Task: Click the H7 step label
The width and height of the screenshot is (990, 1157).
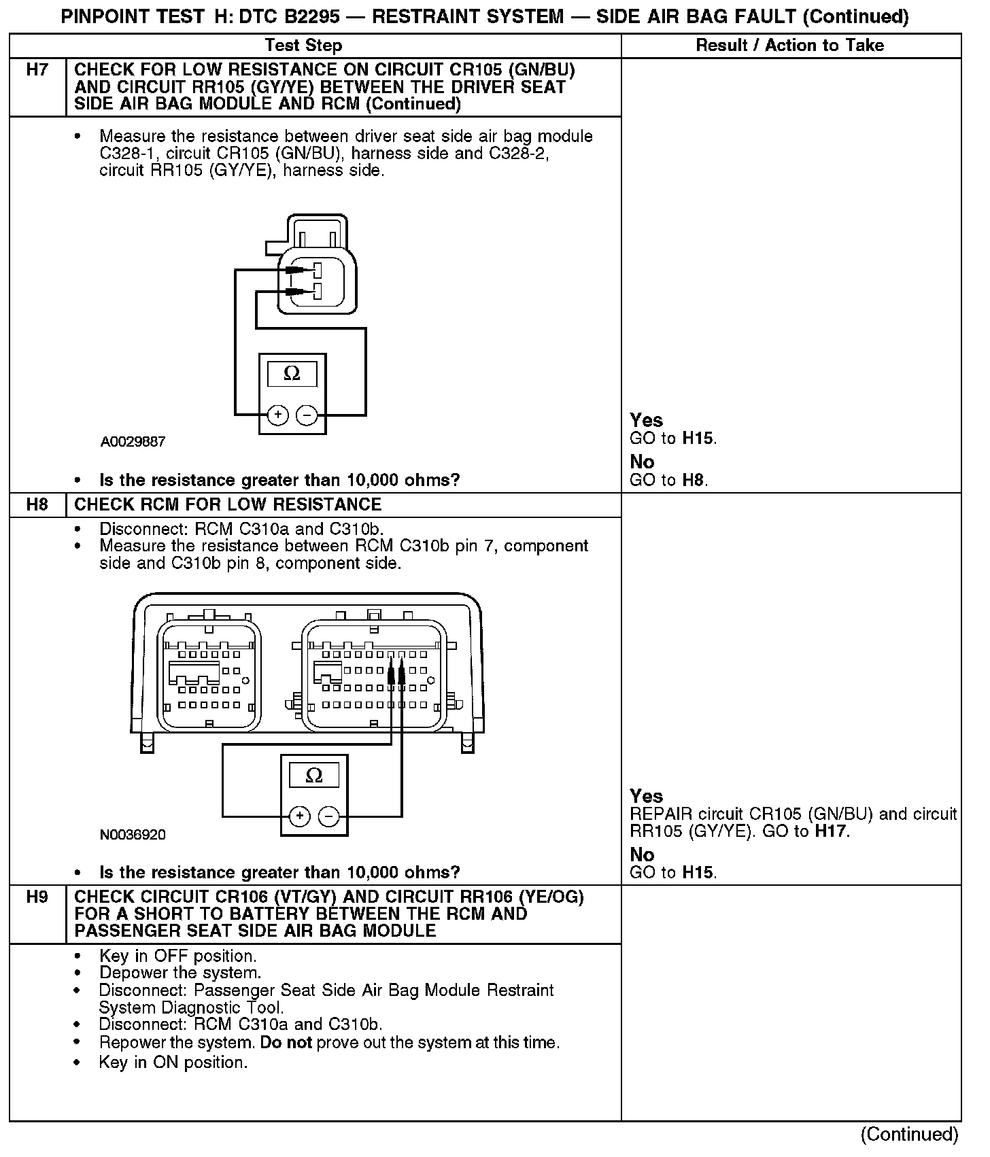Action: point(37,70)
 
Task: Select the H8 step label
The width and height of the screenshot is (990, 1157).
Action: point(37,504)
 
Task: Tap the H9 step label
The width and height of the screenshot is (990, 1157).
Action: point(37,897)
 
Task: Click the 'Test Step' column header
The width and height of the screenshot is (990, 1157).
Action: point(303,46)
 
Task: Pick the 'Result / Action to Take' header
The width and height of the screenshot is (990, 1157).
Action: point(790,46)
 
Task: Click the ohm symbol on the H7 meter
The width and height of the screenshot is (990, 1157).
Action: point(292,373)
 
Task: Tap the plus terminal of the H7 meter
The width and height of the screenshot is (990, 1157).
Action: point(277,415)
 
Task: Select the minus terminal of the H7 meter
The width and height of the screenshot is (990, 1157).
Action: point(307,415)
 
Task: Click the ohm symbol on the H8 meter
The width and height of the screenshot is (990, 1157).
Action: point(314,775)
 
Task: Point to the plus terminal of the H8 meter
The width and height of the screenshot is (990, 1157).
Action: point(299,816)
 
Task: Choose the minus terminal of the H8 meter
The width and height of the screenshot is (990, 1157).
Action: point(329,816)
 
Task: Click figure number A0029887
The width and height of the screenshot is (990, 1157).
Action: point(133,442)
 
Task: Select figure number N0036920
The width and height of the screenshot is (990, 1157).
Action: point(133,835)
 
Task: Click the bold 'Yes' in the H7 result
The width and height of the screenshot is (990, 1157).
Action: point(646,420)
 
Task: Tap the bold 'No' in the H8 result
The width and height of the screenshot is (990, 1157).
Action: point(642,854)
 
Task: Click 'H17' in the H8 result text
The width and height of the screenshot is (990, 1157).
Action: point(832,831)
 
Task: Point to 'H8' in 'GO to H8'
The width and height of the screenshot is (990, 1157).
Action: point(694,480)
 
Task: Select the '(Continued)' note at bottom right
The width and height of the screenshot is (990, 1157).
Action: point(909,1134)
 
